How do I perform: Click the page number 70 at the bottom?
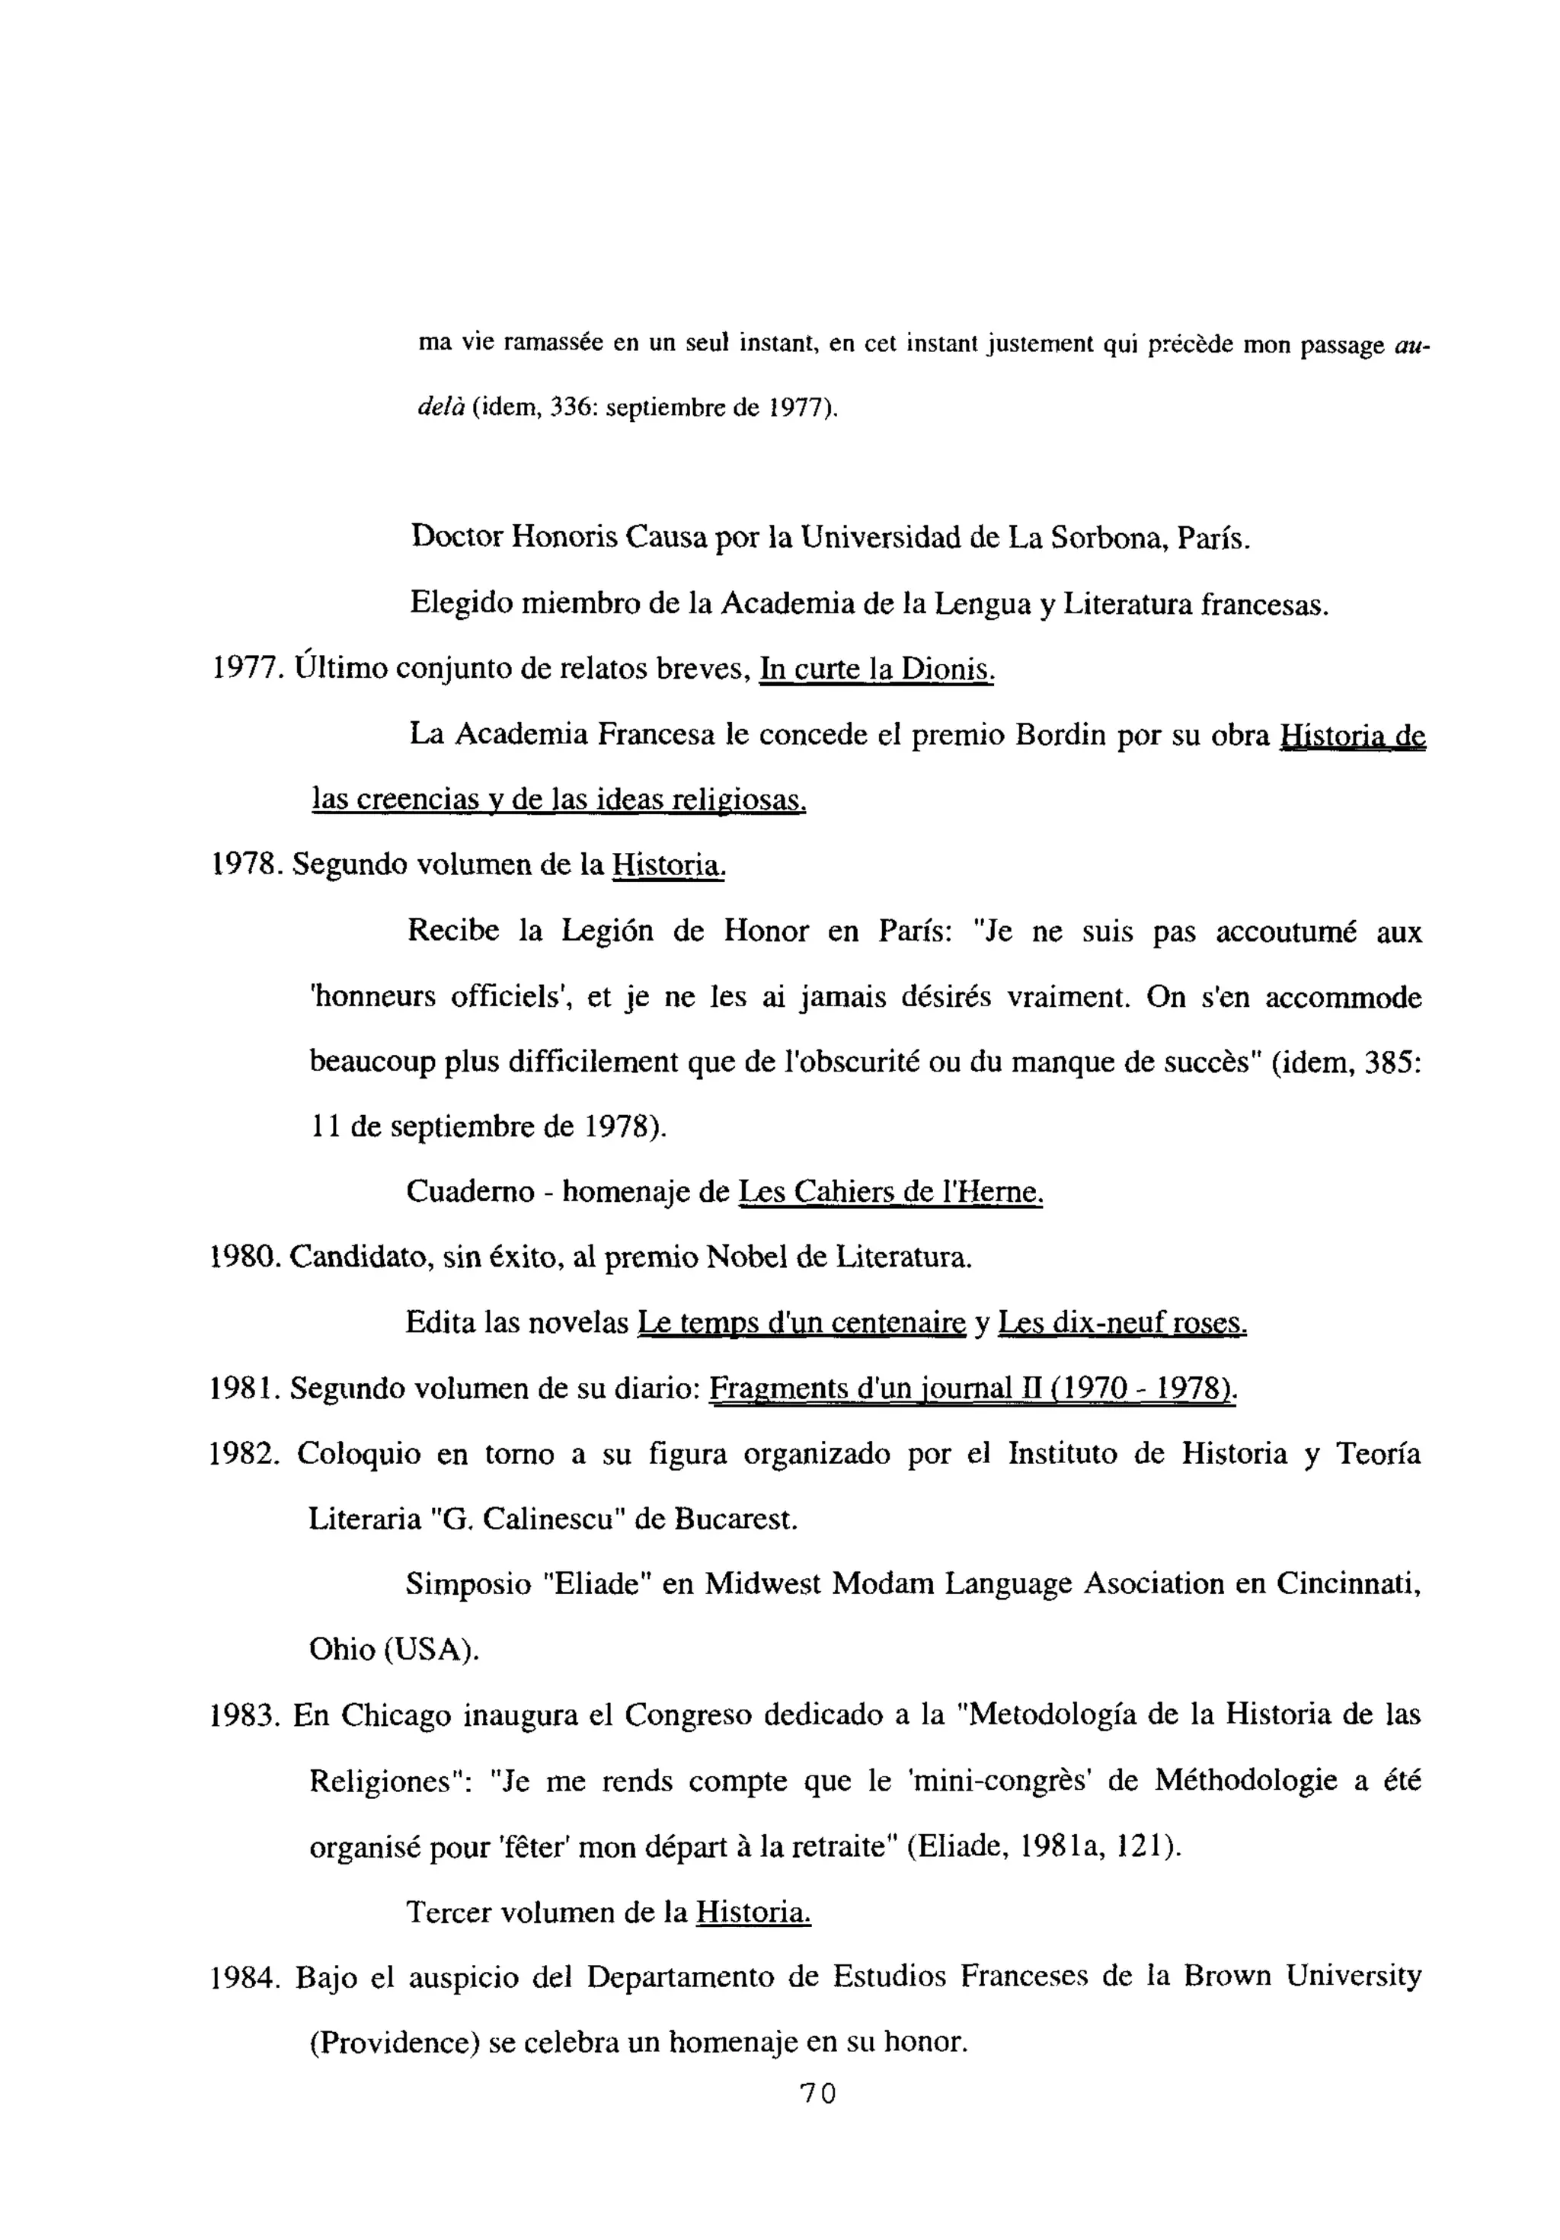click(817, 2119)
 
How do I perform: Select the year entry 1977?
click(246, 669)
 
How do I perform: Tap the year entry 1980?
click(246, 1257)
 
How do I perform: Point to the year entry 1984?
click(246, 1976)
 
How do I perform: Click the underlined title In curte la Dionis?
click(875, 669)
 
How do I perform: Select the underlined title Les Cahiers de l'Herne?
click(890, 1191)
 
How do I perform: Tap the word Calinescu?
click(552, 1519)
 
